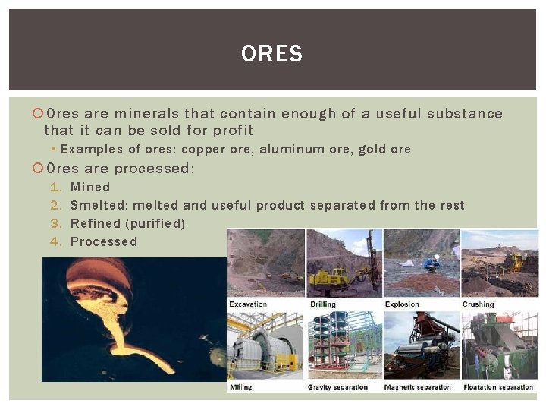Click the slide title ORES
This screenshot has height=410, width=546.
271,54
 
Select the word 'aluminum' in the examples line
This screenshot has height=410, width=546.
287,150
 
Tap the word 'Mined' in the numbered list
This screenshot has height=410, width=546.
90,187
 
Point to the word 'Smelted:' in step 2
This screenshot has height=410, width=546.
99,205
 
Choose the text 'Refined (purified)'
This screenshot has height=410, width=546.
127,223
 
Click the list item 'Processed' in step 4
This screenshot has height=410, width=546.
104,241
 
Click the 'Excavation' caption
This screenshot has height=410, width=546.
249,304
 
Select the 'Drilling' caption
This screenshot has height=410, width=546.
323,304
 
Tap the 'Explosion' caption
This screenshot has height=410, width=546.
402,304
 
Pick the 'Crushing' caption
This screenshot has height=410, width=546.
479,304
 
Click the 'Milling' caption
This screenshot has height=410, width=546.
241,387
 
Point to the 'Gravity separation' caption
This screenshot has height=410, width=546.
337,387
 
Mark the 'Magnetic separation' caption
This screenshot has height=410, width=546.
417,387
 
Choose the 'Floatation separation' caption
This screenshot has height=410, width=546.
498,387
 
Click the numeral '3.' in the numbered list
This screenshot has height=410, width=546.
55,223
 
